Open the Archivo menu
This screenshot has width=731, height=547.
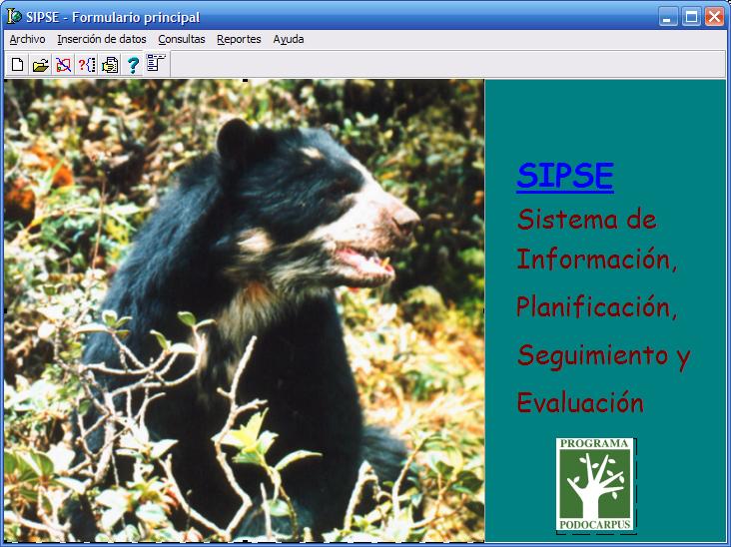[28, 39]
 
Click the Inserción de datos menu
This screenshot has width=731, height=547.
[102, 39]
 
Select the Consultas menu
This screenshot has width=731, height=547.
[182, 39]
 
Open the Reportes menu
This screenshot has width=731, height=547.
[239, 40]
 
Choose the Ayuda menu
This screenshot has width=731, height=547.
[289, 40]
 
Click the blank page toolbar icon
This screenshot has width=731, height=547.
[18, 65]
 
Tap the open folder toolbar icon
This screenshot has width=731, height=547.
[41, 65]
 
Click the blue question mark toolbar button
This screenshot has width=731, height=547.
[133, 65]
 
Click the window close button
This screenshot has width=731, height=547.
[714, 17]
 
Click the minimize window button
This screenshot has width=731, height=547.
[668, 17]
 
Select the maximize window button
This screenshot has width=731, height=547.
[691, 17]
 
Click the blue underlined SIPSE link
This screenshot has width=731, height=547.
[565, 176]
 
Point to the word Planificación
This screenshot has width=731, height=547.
[596, 307]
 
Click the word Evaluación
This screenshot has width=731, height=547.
[580, 402]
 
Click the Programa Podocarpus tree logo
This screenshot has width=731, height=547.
[595, 484]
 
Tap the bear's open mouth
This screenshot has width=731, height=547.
[365, 261]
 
